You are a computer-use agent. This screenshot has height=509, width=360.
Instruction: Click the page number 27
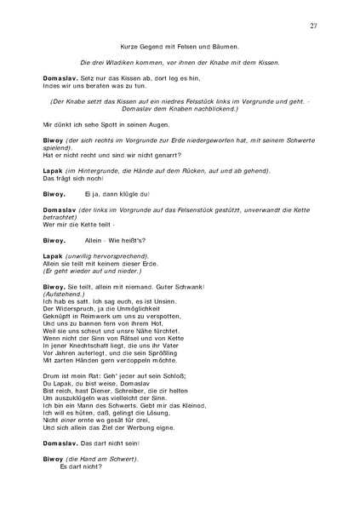pos(313,26)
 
